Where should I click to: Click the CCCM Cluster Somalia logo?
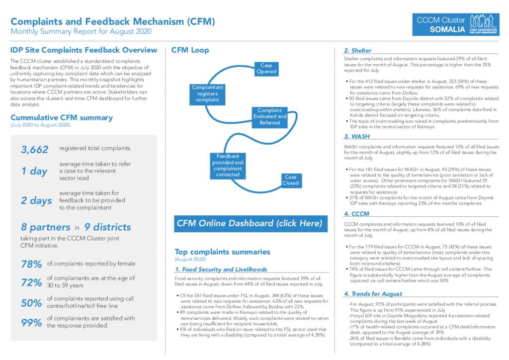(456, 24)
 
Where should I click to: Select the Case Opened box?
(266, 69)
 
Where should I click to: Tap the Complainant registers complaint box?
(207, 94)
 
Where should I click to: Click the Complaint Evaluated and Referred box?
(270, 117)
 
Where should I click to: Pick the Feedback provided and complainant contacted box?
(228, 166)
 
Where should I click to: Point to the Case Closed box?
(290, 180)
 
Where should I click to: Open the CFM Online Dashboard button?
(251, 224)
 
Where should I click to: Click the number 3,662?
(35, 150)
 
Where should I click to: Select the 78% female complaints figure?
(31, 264)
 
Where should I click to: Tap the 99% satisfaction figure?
(31, 323)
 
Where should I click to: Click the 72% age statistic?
(31, 283)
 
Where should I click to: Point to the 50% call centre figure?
(31, 303)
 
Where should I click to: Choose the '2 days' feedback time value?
(36, 200)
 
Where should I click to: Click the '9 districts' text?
(107, 227)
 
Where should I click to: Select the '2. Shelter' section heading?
(358, 51)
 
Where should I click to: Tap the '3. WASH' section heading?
(357, 136)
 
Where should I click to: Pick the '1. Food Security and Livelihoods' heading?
(221, 270)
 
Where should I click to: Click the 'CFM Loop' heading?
(190, 50)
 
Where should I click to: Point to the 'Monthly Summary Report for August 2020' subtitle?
(81, 31)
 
